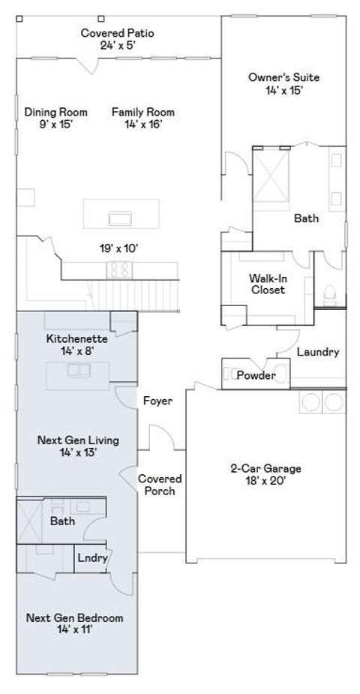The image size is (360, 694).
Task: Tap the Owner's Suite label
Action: pyautogui.click(x=283, y=83)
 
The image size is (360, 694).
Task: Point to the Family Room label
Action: pyautogui.click(x=137, y=118)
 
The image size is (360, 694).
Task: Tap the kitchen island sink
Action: pyautogui.click(x=120, y=218)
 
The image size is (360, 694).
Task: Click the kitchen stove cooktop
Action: pyautogui.click(x=120, y=269)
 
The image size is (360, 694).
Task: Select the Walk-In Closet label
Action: pyautogui.click(x=267, y=284)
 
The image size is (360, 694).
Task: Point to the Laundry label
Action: pyautogui.click(x=318, y=351)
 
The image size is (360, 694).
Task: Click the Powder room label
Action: pyautogui.click(x=256, y=375)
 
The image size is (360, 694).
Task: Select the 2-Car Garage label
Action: pyautogui.click(x=265, y=474)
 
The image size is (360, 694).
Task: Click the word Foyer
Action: pyautogui.click(x=157, y=401)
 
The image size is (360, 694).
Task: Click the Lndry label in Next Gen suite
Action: pyautogui.click(x=94, y=557)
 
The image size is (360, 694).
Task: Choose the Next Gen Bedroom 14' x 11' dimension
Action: pyautogui.click(x=74, y=630)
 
